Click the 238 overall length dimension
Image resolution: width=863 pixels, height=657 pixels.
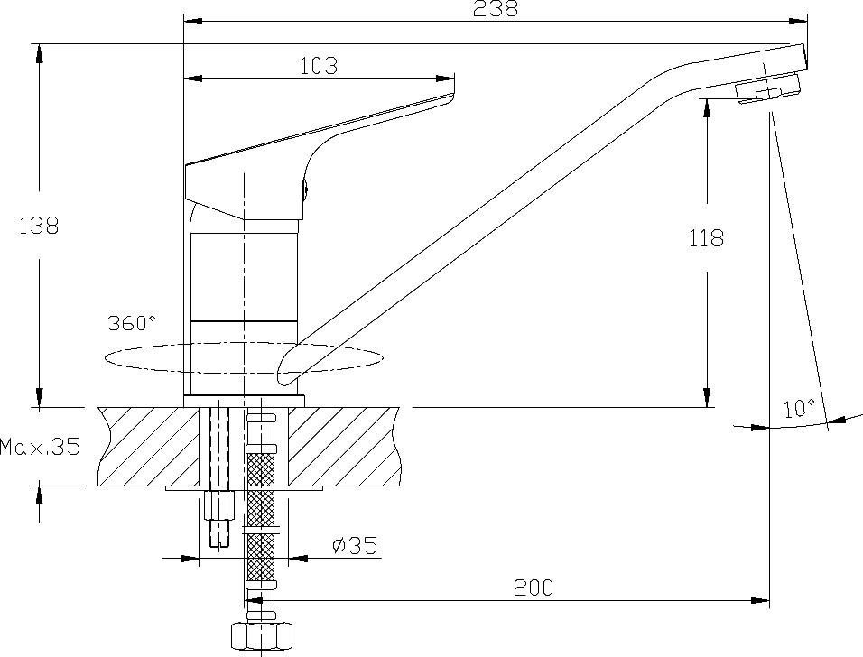(495, 9)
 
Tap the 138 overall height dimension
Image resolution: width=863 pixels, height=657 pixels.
(39, 226)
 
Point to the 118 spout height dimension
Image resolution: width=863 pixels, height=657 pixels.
(706, 239)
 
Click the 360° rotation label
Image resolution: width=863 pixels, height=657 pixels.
(132, 323)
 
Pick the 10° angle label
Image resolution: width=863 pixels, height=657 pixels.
(798, 408)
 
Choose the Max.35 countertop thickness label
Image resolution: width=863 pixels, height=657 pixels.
(40, 446)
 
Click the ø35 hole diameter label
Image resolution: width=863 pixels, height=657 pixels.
(353, 545)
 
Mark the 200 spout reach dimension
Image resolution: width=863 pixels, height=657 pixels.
(533, 588)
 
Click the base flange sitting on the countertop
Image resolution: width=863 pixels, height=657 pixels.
(244, 401)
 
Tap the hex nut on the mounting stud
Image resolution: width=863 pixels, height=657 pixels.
(219, 504)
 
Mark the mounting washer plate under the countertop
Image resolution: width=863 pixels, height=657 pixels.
(244, 489)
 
